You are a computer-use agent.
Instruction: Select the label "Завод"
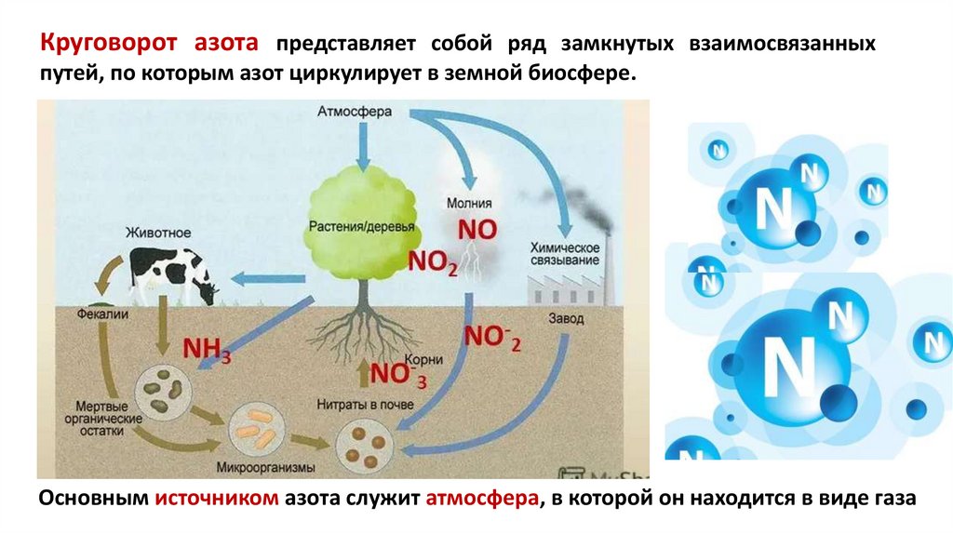click(x=562, y=317)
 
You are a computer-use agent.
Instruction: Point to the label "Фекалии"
click(x=102, y=315)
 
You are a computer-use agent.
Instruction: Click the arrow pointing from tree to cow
click(x=256, y=277)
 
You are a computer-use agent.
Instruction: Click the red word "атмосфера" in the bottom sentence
click(x=483, y=499)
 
